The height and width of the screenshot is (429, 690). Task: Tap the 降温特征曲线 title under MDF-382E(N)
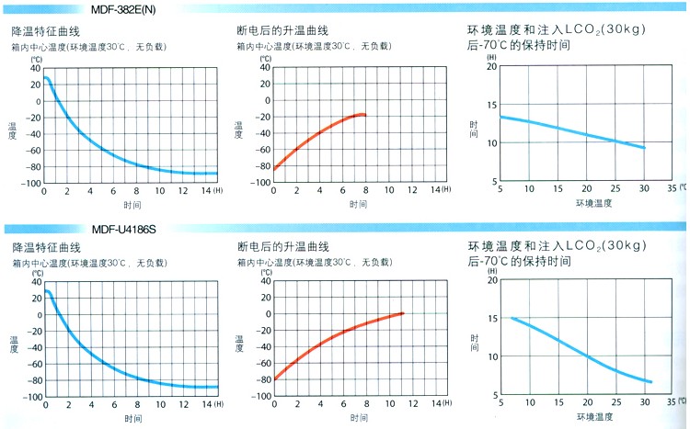tap(45, 29)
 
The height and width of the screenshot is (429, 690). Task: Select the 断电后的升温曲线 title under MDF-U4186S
tap(282, 246)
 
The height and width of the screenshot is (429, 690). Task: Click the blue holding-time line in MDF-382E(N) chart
tap(570, 130)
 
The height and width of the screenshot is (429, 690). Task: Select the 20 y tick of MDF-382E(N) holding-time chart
tap(491, 66)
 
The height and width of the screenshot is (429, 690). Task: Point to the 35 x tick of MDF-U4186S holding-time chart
tap(671, 401)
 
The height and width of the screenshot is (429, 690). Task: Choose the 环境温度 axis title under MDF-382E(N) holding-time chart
tap(594, 201)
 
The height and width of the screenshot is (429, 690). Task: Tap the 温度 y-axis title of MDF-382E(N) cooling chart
tap(12, 130)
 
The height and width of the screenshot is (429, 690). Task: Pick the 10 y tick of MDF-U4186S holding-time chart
tap(491, 356)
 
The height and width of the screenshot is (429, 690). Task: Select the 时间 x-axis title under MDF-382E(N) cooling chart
tap(132, 203)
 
